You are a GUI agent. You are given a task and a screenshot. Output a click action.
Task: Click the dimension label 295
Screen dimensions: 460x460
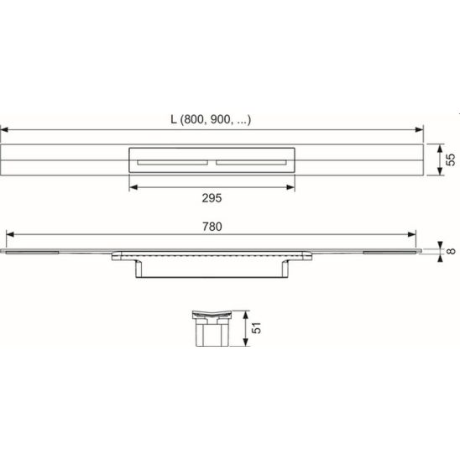[212, 198]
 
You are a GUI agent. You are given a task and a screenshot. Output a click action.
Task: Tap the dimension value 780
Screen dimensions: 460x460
[212, 227]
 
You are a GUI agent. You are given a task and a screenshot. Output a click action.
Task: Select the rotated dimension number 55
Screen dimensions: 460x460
[450, 159]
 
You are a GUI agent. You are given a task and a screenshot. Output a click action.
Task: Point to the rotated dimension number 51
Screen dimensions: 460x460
[256, 328]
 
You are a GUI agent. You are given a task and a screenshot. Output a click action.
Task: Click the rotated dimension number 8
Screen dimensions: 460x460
[452, 251]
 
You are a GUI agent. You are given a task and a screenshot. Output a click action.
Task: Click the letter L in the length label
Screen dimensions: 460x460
[174, 120]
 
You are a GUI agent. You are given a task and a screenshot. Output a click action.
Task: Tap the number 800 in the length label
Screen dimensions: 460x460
[194, 120]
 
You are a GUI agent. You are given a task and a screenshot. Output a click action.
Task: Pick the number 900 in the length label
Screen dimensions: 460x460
[220, 120]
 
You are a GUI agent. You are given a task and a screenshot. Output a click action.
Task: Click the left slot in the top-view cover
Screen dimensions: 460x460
[173, 162]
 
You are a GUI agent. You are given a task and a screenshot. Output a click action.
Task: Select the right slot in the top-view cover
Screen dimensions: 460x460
[252, 162]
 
